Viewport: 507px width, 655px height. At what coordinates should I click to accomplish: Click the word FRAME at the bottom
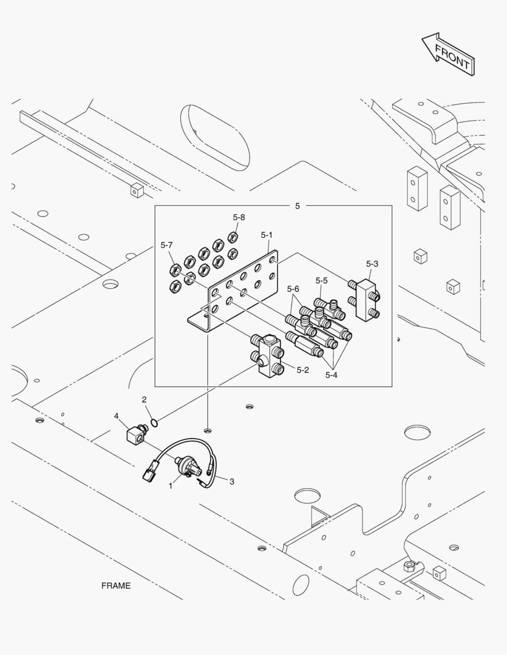116,586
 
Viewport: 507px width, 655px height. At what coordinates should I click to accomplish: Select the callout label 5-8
239,217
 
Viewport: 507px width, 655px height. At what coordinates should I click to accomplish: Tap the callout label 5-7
167,245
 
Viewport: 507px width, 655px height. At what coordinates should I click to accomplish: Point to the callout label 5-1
267,235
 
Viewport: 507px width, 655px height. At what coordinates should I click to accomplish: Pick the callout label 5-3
372,264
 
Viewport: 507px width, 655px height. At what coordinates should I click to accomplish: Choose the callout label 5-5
321,281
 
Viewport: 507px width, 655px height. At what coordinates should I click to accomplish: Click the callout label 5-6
293,289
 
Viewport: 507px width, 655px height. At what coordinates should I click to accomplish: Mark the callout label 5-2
303,369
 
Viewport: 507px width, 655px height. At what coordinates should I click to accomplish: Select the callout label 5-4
331,375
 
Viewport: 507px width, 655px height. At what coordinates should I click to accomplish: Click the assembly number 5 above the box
298,206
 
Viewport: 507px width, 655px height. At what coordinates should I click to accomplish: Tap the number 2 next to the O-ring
144,400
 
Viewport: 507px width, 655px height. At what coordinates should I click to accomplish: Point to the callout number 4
115,415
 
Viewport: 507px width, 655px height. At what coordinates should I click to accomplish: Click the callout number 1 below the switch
171,486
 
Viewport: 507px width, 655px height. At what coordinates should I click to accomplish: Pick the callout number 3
231,481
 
